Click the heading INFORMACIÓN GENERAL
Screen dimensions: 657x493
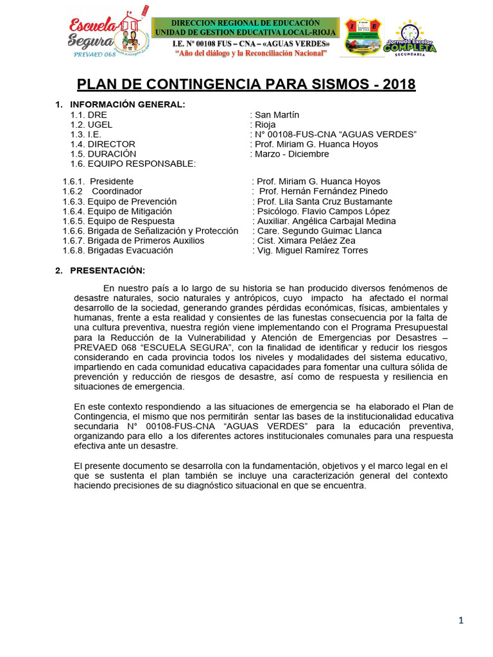pyautogui.click(x=127, y=105)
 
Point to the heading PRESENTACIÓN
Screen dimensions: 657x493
pyautogui.click(x=107, y=270)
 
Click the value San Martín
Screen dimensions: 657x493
pyautogui.click(x=277, y=115)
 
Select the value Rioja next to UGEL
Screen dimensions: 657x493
pyautogui.click(x=265, y=124)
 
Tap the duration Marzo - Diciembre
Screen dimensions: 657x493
pyautogui.click(x=291, y=154)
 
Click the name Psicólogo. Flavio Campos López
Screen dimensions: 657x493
pyautogui.click(x=321, y=211)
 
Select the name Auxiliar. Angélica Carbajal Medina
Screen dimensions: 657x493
pyautogui.click(x=325, y=221)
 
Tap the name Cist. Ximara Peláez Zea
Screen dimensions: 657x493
pyautogui.click(x=306, y=241)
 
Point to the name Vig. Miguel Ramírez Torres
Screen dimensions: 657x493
pyautogui.click(x=312, y=250)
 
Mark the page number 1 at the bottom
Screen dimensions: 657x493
pyautogui.click(x=461, y=620)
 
